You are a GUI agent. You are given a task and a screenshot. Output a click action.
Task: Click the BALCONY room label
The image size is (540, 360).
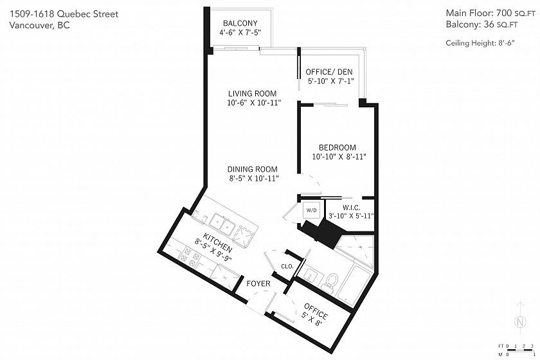pos(240,23)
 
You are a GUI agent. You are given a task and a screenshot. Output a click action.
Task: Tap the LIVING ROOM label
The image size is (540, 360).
pos(253,94)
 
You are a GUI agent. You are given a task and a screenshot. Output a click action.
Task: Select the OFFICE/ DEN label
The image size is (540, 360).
pos(329,72)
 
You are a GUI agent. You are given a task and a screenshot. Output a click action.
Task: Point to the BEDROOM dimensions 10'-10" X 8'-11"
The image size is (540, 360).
pos(339,157)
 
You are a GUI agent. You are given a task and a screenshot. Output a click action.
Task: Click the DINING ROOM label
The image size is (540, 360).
pos(253,169)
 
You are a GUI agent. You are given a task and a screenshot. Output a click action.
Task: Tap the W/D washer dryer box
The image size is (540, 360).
pos(311,210)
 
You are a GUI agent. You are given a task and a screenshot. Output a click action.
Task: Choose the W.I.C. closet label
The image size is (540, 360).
pos(351,208)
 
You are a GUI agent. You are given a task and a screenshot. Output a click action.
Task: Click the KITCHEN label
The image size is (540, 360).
pos(217,242)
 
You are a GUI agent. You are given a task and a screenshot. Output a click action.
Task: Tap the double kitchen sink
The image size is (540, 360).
pos(223,224)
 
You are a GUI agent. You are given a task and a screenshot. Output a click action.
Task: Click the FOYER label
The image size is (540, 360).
pos(258,284)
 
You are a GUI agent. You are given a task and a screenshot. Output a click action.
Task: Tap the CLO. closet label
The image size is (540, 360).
pos(287,266)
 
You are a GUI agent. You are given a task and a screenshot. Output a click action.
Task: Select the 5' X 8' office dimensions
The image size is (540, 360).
pos(312,319)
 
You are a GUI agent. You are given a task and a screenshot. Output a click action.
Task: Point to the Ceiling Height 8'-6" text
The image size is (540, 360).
pos(480,43)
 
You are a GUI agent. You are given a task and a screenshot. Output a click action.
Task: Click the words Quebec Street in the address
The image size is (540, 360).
pos(88,14)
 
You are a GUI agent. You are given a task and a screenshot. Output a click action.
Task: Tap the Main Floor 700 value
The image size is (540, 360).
pos(504,13)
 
